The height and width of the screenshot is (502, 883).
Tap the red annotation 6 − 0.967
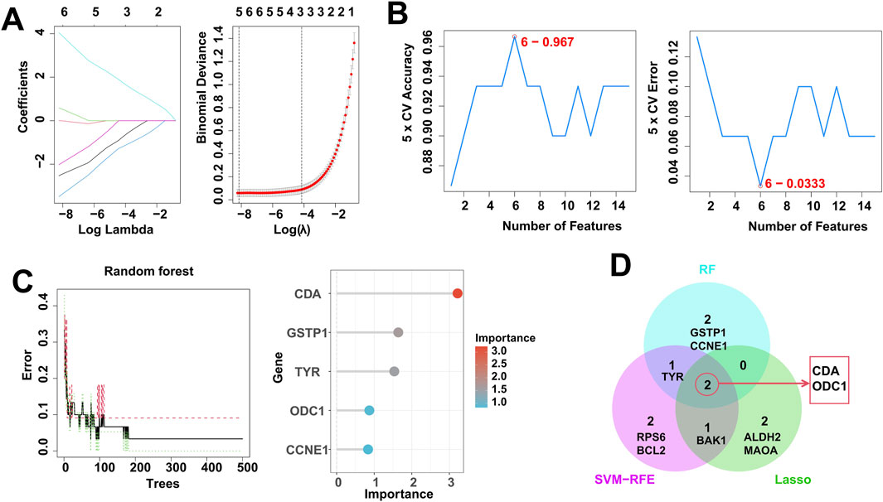pos(547,41)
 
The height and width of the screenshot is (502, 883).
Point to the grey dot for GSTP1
pos(398,332)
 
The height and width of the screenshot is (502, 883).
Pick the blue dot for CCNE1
pos(367,449)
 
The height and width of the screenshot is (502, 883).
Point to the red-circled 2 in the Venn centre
pos(706,384)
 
